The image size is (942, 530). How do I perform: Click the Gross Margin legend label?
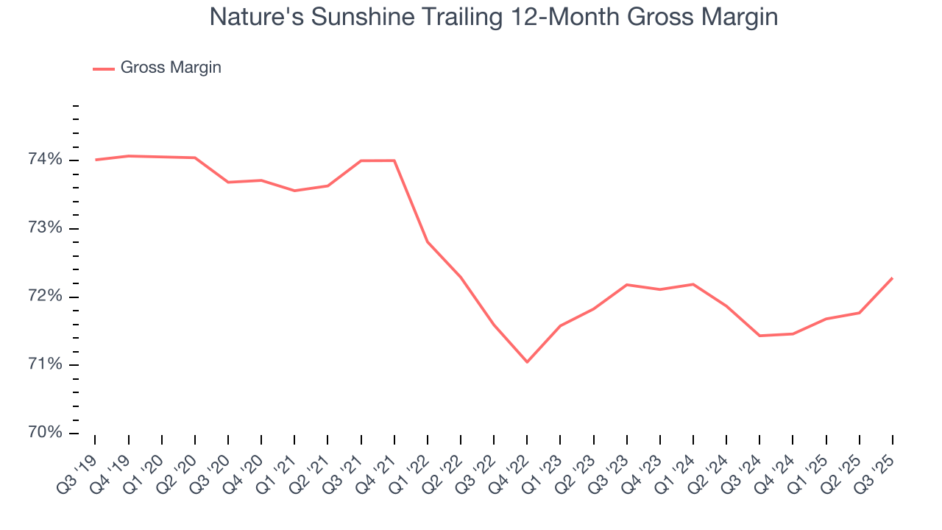pyautogui.click(x=171, y=68)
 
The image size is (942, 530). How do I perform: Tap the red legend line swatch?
pyautogui.click(x=104, y=68)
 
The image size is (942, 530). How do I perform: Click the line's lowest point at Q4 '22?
pyautogui.click(x=527, y=361)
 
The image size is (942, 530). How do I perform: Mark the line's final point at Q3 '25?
pyautogui.click(x=892, y=278)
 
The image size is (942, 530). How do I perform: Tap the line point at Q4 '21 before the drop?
pyautogui.click(x=394, y=160)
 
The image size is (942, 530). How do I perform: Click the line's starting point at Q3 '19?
pyautogui.click(x=96, y=160)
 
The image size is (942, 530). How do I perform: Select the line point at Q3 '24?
pyautogui.click(x=759, y=336)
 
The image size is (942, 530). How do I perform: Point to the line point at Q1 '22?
pyautogui.click(x=428, y=241)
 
